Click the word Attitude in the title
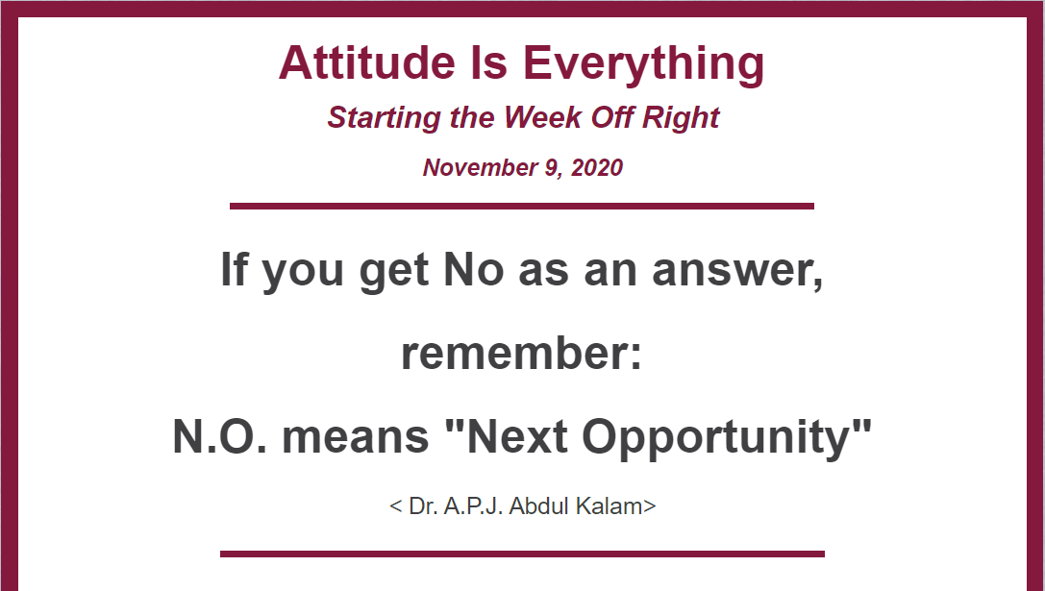[366, 62]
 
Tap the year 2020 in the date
[596, 167]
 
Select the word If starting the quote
[233, 268]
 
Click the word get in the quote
[393, 272]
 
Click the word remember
[521, 353]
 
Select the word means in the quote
[355, 438]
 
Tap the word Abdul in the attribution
[540, 505]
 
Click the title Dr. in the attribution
[423, 505]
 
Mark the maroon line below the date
[522, 206]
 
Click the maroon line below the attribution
[523, 554]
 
